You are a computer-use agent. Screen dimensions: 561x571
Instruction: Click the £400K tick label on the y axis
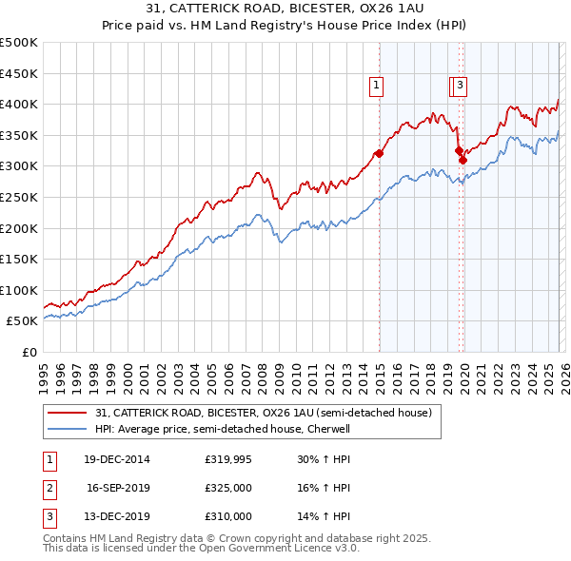point(19,104)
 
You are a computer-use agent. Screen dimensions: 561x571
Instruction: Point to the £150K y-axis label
point(19,259)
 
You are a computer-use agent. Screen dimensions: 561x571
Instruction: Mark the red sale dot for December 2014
point(379,153)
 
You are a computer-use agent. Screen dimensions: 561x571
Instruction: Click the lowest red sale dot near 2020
point(463,160)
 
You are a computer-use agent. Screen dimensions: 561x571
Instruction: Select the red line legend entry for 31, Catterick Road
point(264,413)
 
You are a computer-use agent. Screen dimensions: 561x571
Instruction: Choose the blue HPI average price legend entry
point(223,429)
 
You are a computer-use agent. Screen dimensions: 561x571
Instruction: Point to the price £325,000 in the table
point(228,489)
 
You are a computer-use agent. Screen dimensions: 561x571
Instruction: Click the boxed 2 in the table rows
point(48,489)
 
